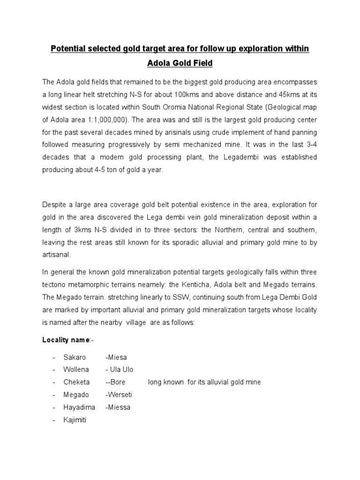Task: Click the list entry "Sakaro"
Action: click(75, 357)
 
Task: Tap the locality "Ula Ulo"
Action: click(121, 370)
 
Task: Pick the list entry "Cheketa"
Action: click(76, 382)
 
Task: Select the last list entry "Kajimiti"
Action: click(75, 420)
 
